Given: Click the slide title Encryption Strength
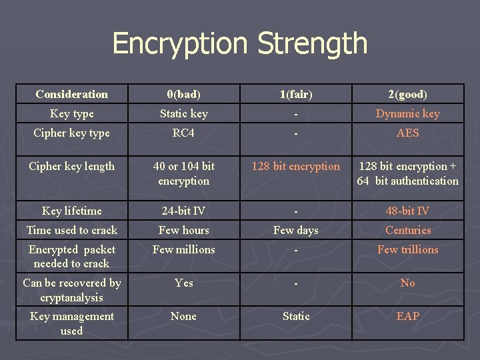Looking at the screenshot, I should (x=240, y=43).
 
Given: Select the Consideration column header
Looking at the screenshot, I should (x=71, y=94).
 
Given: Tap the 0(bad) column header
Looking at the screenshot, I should (x=183, y=94).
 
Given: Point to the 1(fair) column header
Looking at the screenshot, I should (x=295, y=94).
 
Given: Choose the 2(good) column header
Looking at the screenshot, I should (x=407, y=94).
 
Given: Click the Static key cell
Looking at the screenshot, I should (x=183, y=113).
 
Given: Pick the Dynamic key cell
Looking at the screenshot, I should (x=407, y=113).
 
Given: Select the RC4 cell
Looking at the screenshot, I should (x=183, y=133).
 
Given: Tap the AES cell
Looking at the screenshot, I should (x=407, y=133).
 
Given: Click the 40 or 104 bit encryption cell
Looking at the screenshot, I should (x=183, y=173).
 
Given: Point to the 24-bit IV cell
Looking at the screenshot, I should (x=183, y=211).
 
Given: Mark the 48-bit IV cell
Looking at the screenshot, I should (x=407, y=211).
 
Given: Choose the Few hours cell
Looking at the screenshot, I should (x=183, y=230).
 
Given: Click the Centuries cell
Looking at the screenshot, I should (x=407, y=230).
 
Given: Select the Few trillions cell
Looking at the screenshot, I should (x=407, y=249).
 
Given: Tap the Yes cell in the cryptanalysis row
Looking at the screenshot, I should (x=183, y=283).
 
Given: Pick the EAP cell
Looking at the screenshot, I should (x=407, y=316).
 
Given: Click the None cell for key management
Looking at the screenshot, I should (x=183, y=316).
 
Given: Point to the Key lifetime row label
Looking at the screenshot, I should (x=71, y=211).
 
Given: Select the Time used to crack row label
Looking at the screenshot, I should (x=71, y=230).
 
